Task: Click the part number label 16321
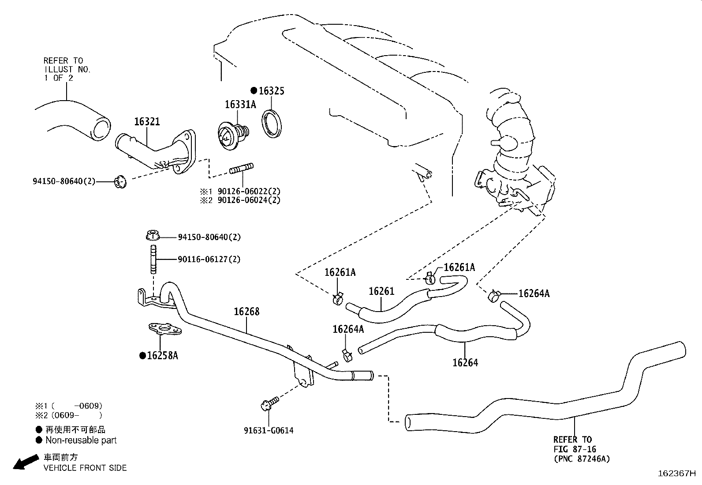[147, 122]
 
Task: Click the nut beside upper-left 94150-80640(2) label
[119, 181]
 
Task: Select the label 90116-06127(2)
[209, 259]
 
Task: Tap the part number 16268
[246, 312]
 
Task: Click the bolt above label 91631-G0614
[269, 403]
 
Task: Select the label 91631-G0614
[269, 430]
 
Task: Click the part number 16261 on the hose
[381, 291]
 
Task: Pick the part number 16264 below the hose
[465, 363]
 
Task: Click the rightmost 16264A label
[534, 293]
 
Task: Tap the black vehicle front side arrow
[25, 462]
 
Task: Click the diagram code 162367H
[676, 473]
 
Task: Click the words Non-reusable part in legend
[81, 440]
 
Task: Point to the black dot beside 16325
[254, 90]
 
